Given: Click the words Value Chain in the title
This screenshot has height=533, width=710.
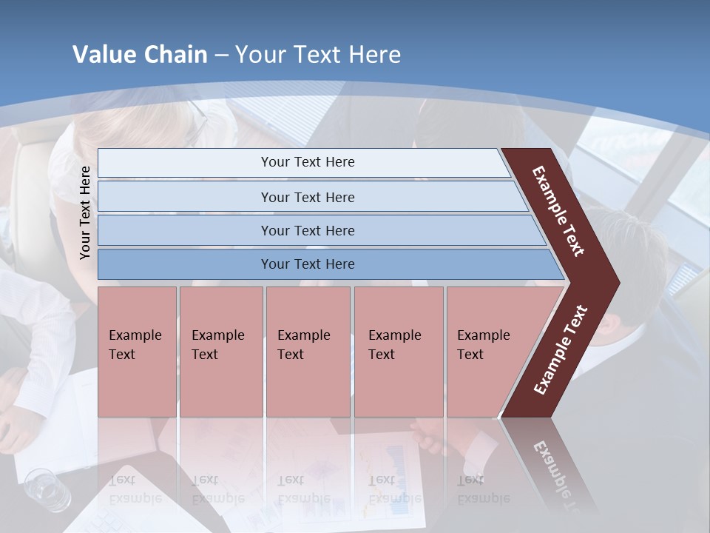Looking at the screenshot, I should (x=140, y=55).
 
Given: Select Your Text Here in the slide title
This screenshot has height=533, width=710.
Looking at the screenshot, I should (x=318, y=55).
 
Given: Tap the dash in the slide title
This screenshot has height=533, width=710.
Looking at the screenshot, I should (x=221, y=56).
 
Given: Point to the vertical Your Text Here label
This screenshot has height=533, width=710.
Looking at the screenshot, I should (x=85, y=212).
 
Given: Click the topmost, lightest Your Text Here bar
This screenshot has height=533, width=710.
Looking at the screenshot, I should (x=307, y=162).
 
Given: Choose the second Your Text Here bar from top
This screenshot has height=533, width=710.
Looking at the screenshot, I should (x=307, y=197).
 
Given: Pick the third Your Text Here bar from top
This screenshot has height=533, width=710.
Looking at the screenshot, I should (x=307, y=230).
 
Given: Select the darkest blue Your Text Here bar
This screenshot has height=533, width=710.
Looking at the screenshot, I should (x=307, y=264).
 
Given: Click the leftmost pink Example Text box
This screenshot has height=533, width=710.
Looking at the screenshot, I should (x=136, y=352).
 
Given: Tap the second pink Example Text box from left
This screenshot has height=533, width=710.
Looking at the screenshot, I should (x=220, y=352).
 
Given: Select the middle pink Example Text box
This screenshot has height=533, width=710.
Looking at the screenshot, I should (x=307, y=352).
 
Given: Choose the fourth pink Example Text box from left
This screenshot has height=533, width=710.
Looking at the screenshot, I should (x=398, y=352).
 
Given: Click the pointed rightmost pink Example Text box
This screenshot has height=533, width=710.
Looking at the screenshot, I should (x=488, y=352).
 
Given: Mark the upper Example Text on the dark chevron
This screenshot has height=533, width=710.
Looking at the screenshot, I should (x=558, y=211).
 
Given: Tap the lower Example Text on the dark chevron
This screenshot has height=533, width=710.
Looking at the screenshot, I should (x=561, y=350).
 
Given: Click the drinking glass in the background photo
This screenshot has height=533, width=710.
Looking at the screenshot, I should (x=47, y=490).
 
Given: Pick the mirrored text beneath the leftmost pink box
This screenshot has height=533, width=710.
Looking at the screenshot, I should (x=135, y=489).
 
